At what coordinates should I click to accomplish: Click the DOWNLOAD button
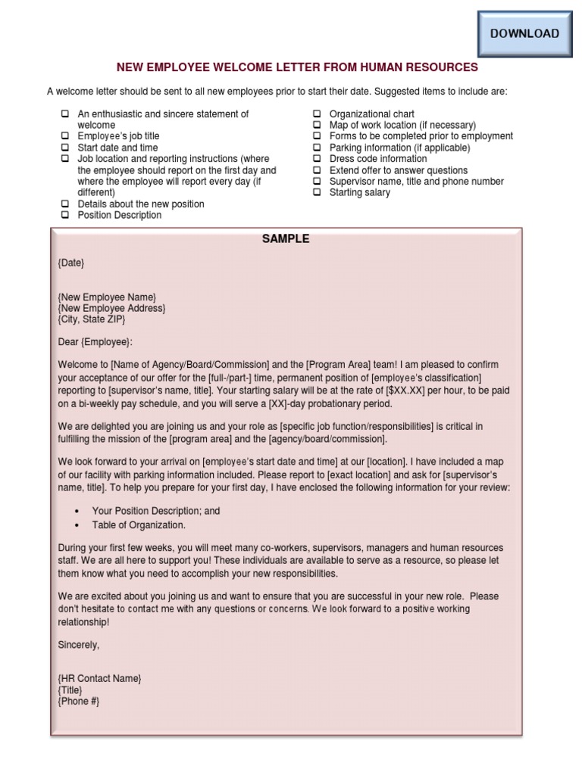(x=524, y=34)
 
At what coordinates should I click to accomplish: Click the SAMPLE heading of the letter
(x=286, y=239)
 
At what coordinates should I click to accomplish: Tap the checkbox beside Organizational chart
(x=317, y=114)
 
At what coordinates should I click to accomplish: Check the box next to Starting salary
(x=317, y=193)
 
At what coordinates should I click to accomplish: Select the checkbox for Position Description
(x=65, y=216)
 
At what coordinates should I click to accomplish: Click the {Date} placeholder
(x=71, y=263)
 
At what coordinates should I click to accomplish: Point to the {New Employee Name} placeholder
(x=107, y=297)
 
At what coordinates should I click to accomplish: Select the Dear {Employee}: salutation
(x=95, y=342)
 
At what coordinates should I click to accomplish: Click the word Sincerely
(x=79, y=645)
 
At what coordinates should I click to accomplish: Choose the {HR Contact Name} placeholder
(x=99, y=679)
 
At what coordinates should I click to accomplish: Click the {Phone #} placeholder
(x=79, y=702)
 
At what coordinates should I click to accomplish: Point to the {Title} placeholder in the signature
(x=70, y=690)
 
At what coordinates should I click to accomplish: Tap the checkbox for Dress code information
(x=317, y=160)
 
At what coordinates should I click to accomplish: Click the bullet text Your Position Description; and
(x=156, y=511)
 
